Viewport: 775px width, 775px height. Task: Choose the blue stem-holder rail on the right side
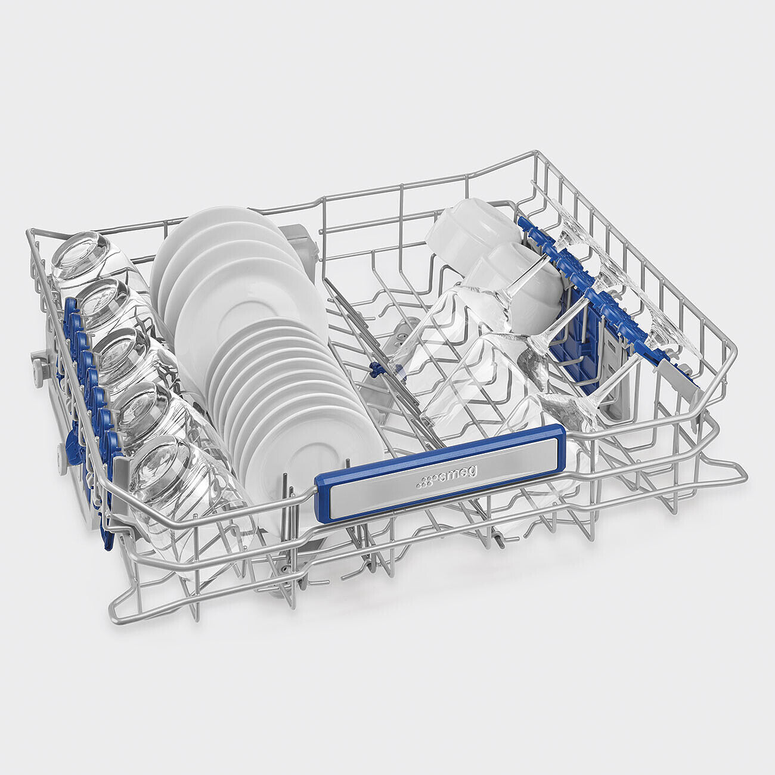(602, 298)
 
